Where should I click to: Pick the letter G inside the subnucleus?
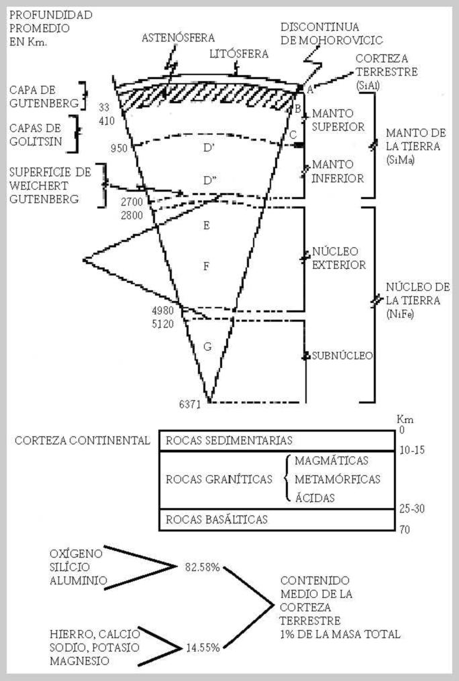point(207,347)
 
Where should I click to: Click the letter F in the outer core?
point(207,266)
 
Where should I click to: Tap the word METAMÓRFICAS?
point(337,479)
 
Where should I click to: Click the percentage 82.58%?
point(202,567)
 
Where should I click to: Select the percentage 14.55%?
point(202,647)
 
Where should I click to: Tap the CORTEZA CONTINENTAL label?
point(82,440)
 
